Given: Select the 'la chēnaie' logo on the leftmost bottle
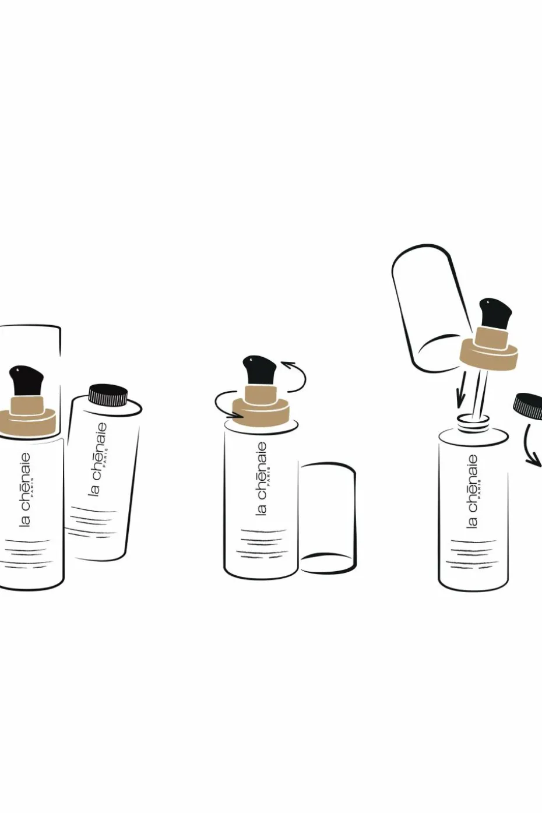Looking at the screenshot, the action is [x=24, y=490].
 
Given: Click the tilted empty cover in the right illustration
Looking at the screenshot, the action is [x=430, y=307].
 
